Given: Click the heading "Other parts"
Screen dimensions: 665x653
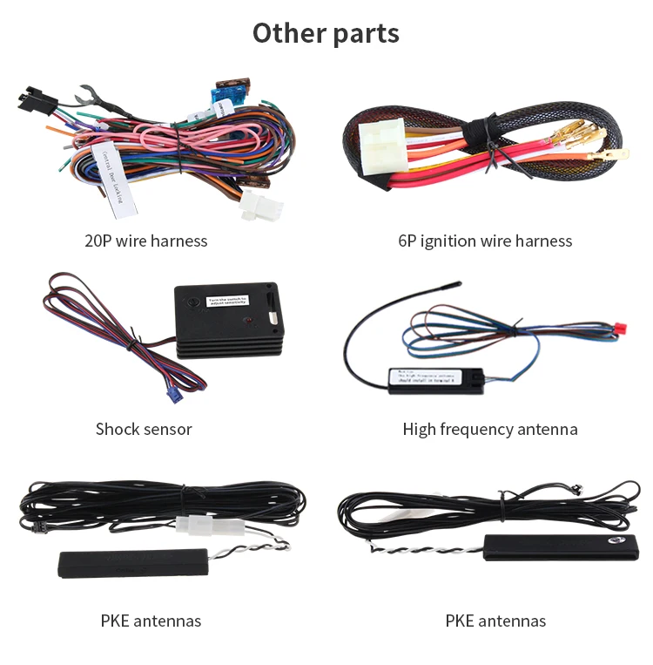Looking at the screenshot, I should click(x=326, y=33).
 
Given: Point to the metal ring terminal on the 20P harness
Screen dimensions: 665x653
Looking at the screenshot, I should click(x=87, y=92).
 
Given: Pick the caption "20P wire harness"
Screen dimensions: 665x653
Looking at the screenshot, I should click(x=146, y=241).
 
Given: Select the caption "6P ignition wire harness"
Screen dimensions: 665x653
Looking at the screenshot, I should click(x=485, y=241).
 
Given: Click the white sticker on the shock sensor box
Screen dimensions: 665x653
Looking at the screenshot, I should click(x=228, y=302).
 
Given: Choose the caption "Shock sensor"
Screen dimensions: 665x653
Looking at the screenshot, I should click(x=144, y=429).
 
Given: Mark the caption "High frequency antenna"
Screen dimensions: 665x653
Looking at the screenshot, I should click(x=490, y=429).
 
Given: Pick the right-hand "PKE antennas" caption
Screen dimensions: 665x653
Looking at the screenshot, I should click(x=495, y=621).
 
